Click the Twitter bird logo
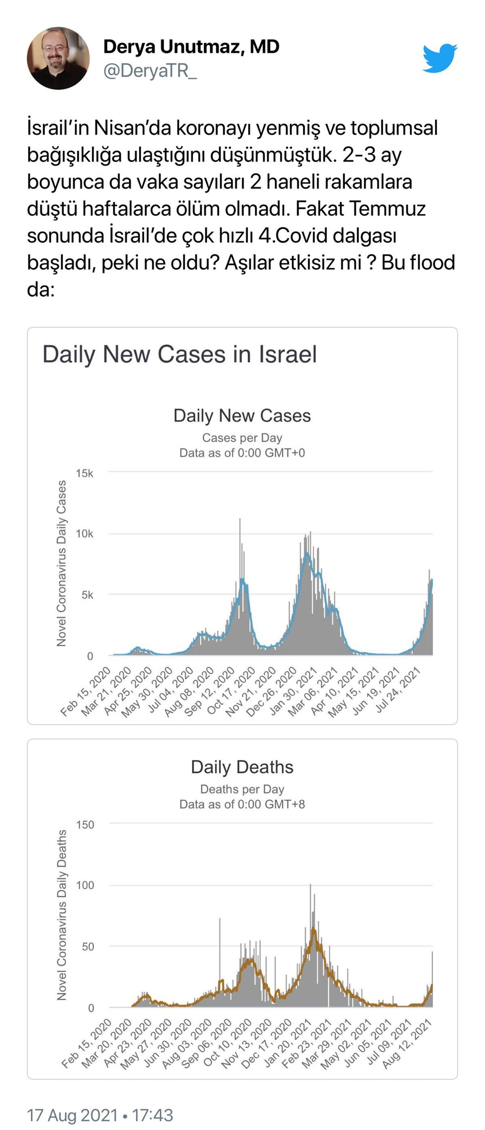[x=439, y=57]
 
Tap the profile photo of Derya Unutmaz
[x=58, y=58]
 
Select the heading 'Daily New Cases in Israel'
[x=179, y=354]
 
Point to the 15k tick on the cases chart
[x=84, y=473]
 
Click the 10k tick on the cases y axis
[x=84, y=534]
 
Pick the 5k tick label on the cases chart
[x=87, y=595]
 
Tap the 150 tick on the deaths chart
[x=85, y=825]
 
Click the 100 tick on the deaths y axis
[x=85, y=885]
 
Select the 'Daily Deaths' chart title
[x=242, y=767]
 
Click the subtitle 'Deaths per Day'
[x=242, y=789]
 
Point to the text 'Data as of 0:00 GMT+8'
[x=242, y=804]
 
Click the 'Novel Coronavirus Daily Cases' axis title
[x=61, y=563]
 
